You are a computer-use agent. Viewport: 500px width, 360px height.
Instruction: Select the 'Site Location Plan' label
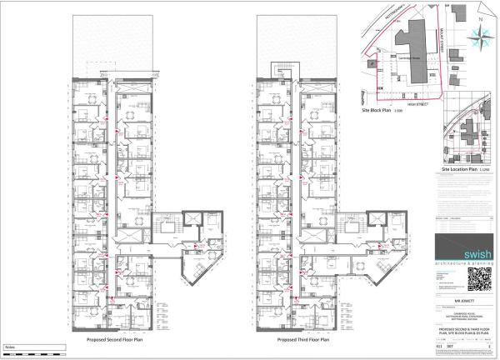[x=458, y=168]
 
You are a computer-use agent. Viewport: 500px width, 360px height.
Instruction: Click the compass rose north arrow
[x=480, y=35]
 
